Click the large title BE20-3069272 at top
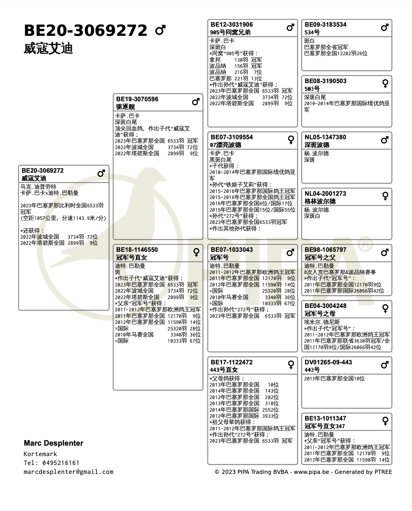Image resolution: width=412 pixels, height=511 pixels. coord(86,30)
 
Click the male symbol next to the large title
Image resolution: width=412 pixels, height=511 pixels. coord(160,30)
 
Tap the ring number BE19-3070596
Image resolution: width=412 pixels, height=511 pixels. coord(137,99)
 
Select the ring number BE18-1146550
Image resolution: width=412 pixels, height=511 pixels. coord(137,250)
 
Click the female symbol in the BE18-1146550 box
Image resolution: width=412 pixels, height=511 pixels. coord(196,252)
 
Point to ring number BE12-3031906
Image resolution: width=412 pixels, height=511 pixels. coord(232,25)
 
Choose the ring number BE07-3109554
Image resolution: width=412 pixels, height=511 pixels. coord(232,137)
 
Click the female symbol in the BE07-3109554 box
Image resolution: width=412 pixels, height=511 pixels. coord(291,140)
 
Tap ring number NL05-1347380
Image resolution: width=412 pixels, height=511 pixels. coord(325,137)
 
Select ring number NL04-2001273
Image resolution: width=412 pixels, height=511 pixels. coord(325,194)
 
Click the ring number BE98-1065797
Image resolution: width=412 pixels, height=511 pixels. coord(325,250)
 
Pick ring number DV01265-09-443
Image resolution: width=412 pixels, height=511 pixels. coord(328,362)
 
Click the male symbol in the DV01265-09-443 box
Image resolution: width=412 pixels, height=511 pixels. coord(385,365)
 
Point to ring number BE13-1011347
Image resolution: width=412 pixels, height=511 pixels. coord(325,418)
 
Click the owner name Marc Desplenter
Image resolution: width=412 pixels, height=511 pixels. coord(53,443)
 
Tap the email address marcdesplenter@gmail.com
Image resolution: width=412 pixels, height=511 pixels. coord(68,472)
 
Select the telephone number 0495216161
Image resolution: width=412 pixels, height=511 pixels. coord(61,463)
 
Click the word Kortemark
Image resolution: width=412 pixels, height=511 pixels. coord(40,454)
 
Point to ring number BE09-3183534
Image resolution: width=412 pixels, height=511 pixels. coord(325,25)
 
